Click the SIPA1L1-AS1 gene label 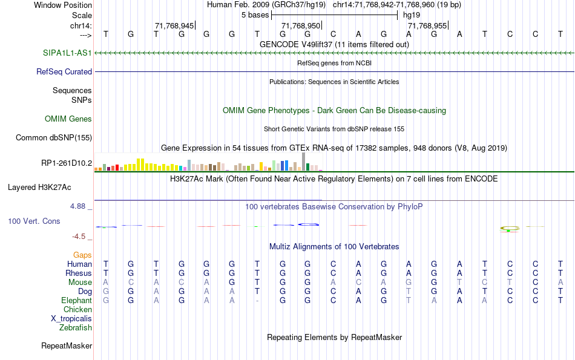click(x=67, y=53)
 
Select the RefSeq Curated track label click(x=64, y=71)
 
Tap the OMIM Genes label click(x=68, y=119)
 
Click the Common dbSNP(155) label click(x=54, y=138)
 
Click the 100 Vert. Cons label click(x=34, y=221)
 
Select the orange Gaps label click(x=82, y=255)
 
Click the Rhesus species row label click(x=78, y=273)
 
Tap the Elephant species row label click(x=76, y=300)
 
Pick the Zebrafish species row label click(x=76, y=327)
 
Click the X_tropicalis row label click(x=71, y=318)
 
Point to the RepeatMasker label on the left click(x=67, y=346)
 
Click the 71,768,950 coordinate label click(x=301, y=25)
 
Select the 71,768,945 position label click(x=174, y=25)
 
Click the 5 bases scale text click(x=255, y=15)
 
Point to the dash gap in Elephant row click(x=257, y=301)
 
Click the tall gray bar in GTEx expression click(x=303, y=162)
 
